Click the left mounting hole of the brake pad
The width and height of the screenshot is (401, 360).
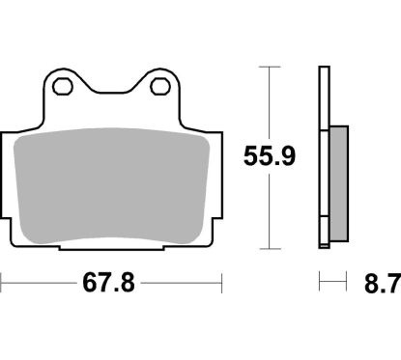(x=65, y=87)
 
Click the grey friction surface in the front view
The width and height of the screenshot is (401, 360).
(x=113, y=183)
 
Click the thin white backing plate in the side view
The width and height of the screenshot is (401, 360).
(x=323, y=154)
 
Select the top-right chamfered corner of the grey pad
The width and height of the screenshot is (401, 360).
(x=199, y=138)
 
